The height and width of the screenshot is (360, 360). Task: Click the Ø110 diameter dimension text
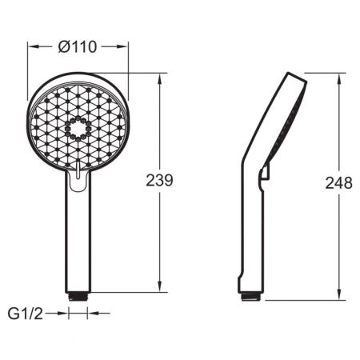pos(78,47)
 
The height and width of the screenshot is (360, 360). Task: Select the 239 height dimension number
pos(159,181)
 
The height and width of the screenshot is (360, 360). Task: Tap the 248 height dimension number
pos(338,183)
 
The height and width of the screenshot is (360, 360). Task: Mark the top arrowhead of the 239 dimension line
pos(160,78)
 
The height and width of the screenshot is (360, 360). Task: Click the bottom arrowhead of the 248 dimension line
pos(338,295)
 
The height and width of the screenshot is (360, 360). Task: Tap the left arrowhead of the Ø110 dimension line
pos(33,47)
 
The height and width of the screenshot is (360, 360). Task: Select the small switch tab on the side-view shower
pos(265,170)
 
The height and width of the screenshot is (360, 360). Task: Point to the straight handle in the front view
pos(78,240)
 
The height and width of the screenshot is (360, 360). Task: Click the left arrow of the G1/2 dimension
pos(65,314)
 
